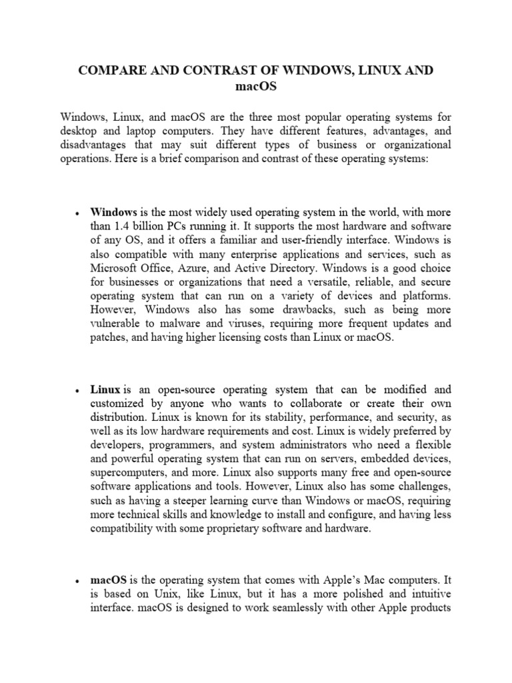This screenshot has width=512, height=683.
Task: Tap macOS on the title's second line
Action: point(256,87)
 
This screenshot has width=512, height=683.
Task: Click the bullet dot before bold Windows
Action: point(79,213)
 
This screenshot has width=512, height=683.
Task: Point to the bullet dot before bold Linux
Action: point(79,390)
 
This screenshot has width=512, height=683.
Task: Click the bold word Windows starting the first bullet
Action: point(112,212)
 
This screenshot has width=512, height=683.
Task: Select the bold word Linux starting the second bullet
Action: point(105,390)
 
